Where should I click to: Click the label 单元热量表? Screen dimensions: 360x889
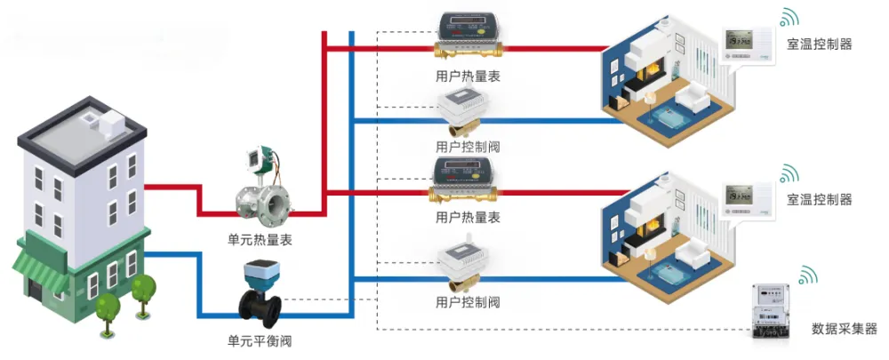pyautogui.click(x=260, y=240)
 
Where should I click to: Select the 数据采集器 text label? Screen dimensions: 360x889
pyautogui.click(x=844, y=329)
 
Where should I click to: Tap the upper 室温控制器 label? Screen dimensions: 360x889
pyautogui.click(x=819, y=44)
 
